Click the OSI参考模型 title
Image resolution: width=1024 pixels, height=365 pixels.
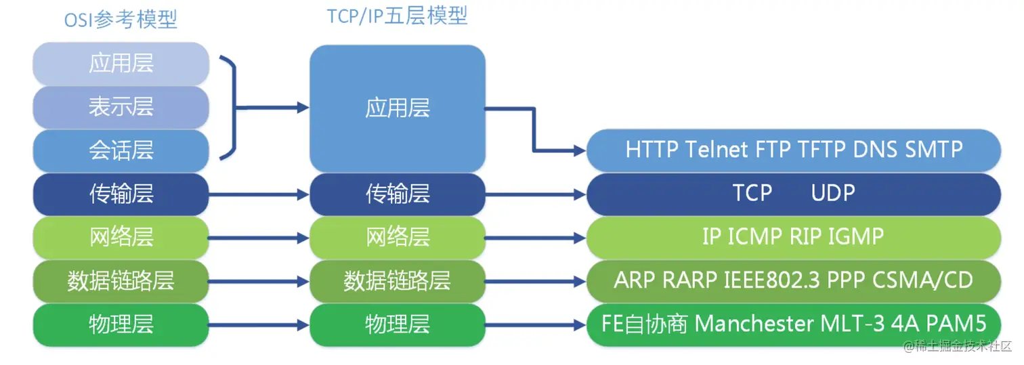pyautogui.click(x=121, y=20)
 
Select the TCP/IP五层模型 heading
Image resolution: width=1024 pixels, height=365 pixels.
pyautogui.click(x=398, y=16)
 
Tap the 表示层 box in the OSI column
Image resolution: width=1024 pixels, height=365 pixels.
pyautogui.click(x=121, y=107)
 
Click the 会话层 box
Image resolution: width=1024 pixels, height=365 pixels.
pyautogui.click(x=121, y=150)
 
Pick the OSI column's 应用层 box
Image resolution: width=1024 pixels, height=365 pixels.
pyautogui.click(x=121, y=63)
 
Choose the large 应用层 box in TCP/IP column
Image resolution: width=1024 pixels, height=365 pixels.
pyautogui.click(x=398, y=108)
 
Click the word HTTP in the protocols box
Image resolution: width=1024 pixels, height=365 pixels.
pyautogui.click(x=652, y=150)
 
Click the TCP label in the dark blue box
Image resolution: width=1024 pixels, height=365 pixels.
pyautogui.click(x=752, y=193)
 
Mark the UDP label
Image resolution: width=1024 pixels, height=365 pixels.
pyautogui.click(x=833, y=193)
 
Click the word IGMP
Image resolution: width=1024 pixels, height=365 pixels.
pyautogui.click(x=856, y=236)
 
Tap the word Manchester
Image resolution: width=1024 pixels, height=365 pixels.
pyautogui.click(x=754, y=324)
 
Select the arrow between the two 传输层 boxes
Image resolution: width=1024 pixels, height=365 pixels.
pyautogui.click(x=259, y=194)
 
